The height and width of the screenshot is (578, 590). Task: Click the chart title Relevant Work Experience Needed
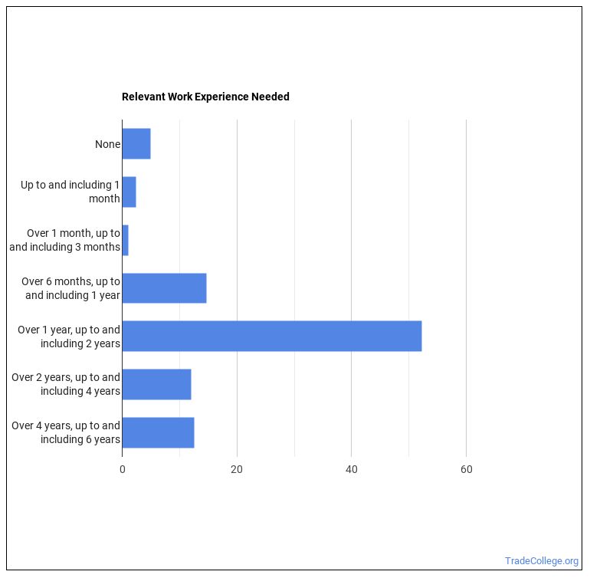point(205,97)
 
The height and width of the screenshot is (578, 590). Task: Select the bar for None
point(136,144)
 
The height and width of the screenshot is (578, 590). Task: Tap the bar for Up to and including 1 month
point(129,192)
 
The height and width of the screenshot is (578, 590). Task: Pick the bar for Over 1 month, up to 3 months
point(125,240)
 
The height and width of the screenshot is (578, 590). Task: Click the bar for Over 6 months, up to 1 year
point(164,288)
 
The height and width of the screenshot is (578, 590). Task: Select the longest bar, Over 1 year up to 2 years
point(271,336)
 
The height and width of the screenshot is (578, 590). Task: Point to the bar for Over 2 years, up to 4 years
point(156,384)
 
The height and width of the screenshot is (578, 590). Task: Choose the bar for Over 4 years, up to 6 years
point(158,432)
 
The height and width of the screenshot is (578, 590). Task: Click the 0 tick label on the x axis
point(122,469)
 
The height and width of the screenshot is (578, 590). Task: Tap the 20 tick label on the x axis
point(237,469)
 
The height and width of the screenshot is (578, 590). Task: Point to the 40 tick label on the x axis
point(351,469)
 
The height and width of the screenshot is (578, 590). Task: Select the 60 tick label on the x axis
point(466,469)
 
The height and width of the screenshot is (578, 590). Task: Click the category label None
point(107,144)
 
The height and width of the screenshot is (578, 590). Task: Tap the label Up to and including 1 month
point(70,192)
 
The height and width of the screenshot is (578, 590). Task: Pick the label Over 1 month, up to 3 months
point(65,240)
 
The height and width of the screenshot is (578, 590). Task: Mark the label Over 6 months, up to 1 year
point(70,288)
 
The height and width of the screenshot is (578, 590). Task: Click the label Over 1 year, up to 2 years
point(69,336)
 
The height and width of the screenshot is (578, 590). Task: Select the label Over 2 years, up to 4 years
point(66,384)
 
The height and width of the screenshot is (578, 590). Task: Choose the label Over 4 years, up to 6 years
point(66,432)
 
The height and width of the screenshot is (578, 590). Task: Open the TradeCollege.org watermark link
point(542,561)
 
